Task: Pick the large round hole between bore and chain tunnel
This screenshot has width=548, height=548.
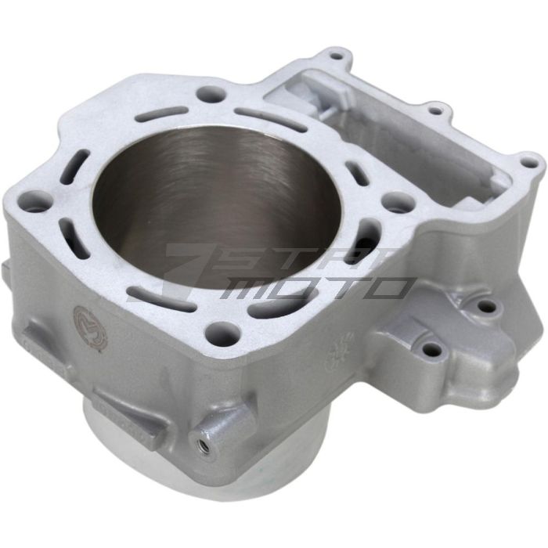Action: (x=397, y=201)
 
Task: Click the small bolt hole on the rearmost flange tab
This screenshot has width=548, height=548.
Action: (x=337, y=56)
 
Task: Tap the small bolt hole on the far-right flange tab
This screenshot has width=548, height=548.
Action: (x=530, y=164)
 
